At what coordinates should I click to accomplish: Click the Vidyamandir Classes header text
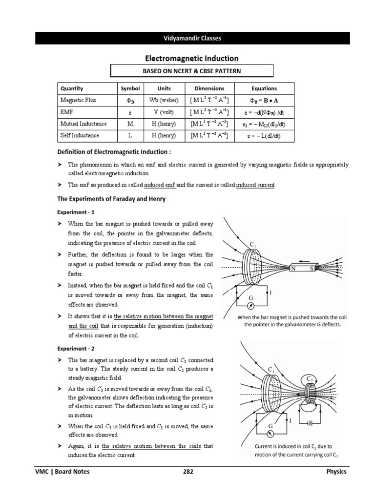pos(192,38)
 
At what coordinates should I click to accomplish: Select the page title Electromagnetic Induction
pos(192,59)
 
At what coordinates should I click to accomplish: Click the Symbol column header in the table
pos(130,88)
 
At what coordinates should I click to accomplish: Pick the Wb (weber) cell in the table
pos(164,100)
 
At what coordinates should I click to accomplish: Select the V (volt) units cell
pos(164,112)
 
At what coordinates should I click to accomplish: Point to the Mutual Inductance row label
pos(83,124)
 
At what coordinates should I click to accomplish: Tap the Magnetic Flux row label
pos(78,100)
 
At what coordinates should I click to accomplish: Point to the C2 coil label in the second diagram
pos(309,379)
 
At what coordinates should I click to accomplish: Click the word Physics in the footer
pos(336,472)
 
